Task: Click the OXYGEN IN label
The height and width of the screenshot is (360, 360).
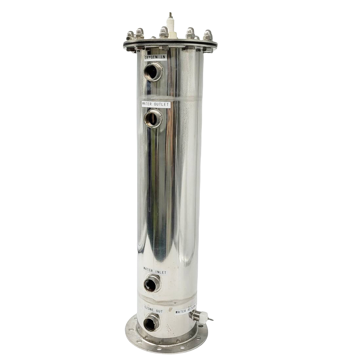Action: [x=155, y=58]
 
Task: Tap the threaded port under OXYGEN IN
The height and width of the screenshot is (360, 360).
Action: [x=153, y=72]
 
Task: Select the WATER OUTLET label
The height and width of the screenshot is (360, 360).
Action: [x=156, y=104]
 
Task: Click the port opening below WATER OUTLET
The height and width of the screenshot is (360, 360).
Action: [x=153, y=119]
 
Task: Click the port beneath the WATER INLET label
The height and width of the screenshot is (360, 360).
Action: [x=152, y=284]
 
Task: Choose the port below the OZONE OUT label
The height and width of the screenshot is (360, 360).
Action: [x=151, y=323]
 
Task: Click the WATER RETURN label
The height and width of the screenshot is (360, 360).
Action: [x=186, y=310]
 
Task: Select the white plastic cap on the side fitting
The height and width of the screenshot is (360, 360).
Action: [x=203, y=316]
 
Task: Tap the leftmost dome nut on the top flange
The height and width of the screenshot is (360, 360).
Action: [x=130, y=36]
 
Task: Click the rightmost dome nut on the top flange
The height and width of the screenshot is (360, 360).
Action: [x=208, y=35]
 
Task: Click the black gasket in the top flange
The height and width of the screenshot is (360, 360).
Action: [x=170, y=45]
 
